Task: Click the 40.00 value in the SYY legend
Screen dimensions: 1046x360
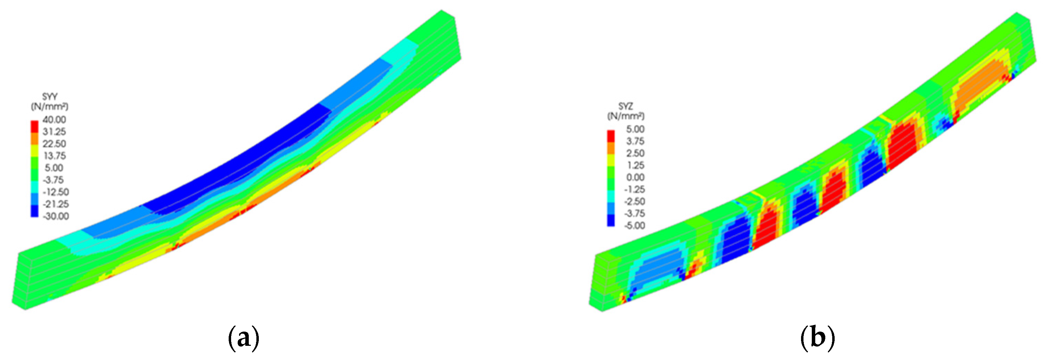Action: pyautogui.click(x=54, y=120)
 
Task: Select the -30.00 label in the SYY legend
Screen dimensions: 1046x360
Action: pyautogui.click(x=56, y=216)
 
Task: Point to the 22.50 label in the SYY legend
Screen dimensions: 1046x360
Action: pyautogui.click(x=54, y=144)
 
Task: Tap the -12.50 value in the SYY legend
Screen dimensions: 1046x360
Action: pyautogui.click(x=56, y=192)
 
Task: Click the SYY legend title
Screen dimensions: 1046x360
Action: pyautogui.click(x=50, y=97)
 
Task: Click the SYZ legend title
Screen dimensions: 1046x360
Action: pyautogui.click(x=626, y=106)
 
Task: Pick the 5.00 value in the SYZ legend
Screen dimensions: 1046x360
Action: pyautogui.click(x=635, y=129)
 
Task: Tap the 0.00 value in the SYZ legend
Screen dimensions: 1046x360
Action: pyautogui.click(x=635, y=177)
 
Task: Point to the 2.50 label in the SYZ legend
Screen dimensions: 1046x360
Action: pyautogui.click(x=635, y=153)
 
